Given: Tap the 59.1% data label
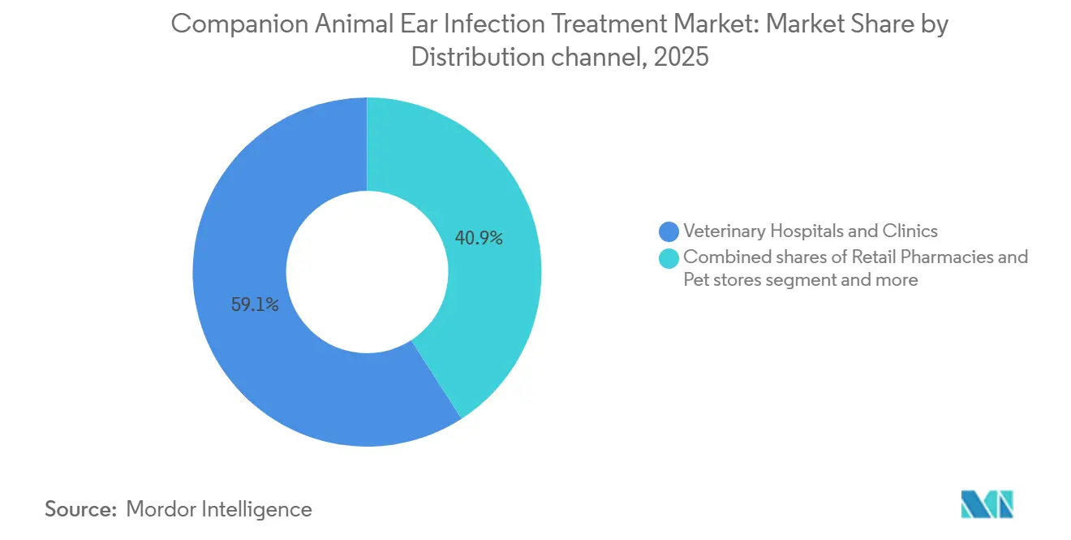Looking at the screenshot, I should click(255, 306).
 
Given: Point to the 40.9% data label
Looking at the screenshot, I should click(479, 239).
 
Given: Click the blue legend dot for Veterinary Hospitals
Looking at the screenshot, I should click(669, 231).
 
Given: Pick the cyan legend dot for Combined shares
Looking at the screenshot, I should click(669, 257).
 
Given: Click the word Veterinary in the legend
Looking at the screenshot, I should click(722, 231).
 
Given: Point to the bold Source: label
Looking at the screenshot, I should click(80, 509).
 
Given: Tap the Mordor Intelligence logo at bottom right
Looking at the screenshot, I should click(987, 504).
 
